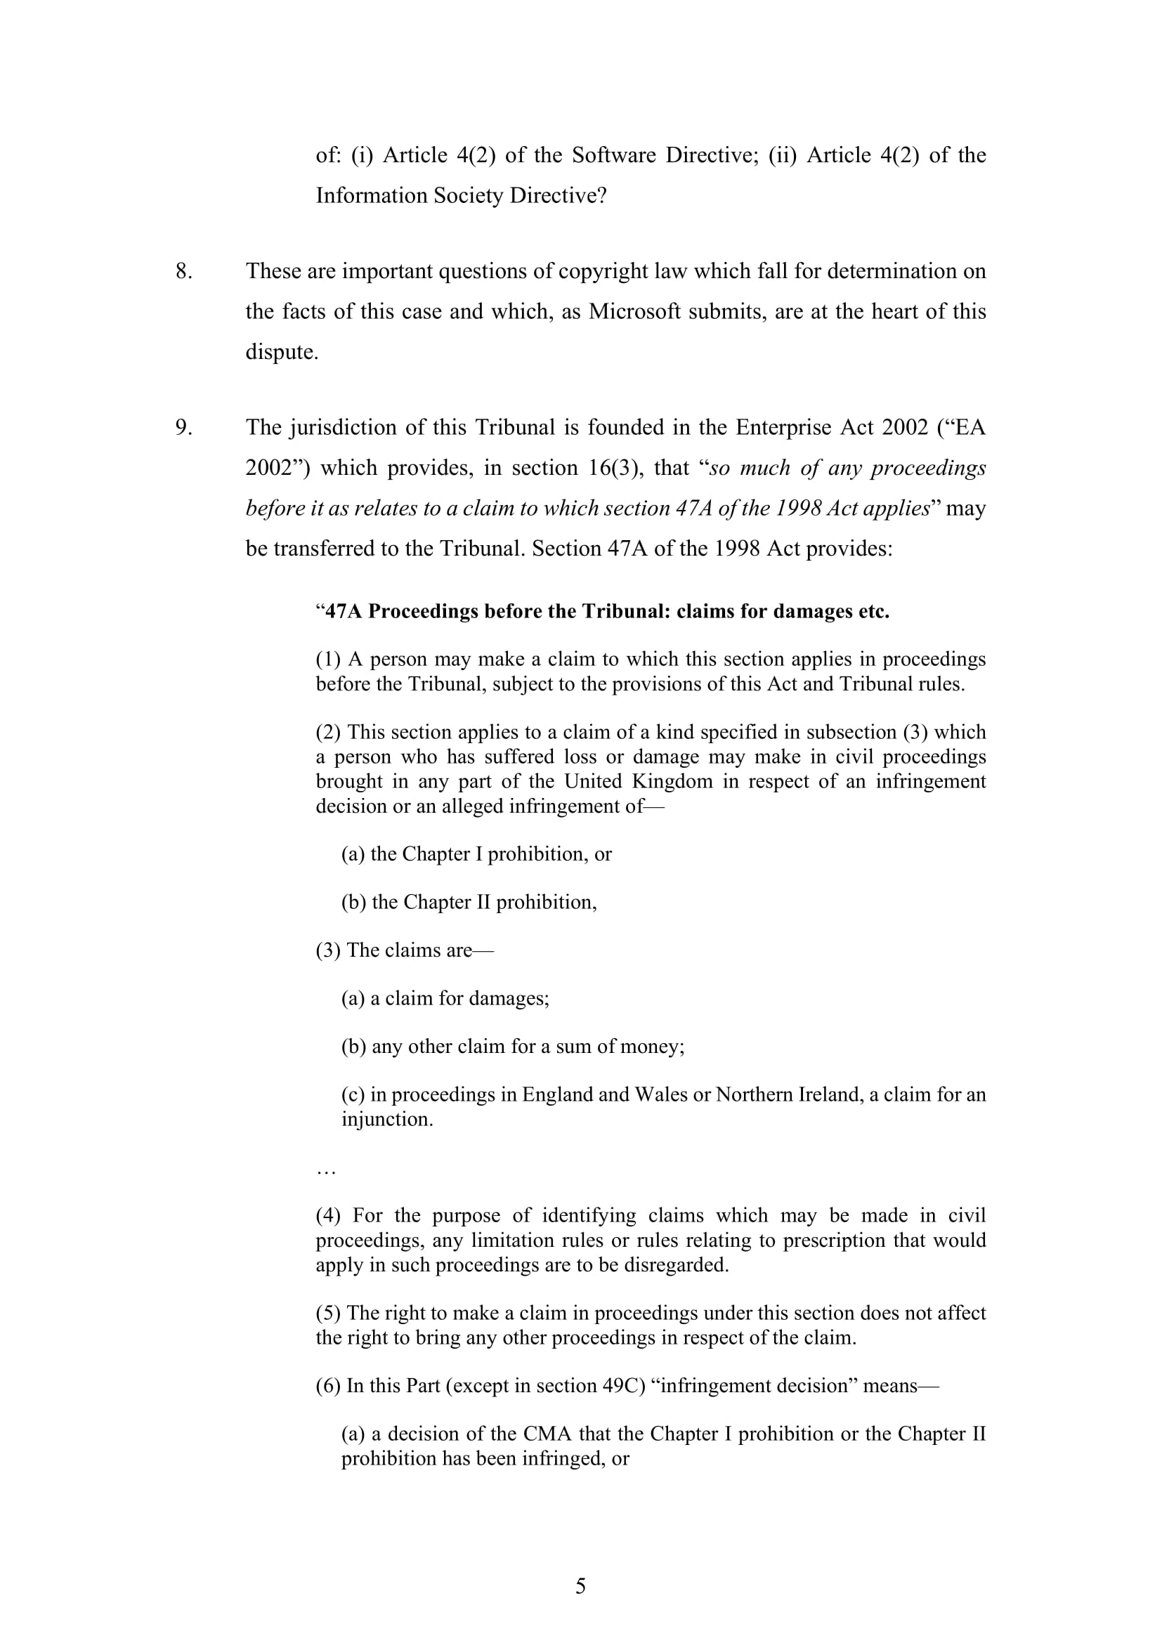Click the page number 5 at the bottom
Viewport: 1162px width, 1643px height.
[580, 1586]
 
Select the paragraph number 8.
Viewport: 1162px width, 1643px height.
[184, 270]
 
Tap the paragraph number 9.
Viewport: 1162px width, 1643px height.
[184, 426]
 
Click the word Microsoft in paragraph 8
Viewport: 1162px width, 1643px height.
[634, 311]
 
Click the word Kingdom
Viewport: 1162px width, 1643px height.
[672, 780]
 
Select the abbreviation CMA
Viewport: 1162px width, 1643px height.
[547, 1434]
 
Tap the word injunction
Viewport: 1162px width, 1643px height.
[386, 1119]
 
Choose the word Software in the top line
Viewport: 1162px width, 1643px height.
[613, 155]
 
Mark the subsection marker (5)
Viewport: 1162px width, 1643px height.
[328, 1312]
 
